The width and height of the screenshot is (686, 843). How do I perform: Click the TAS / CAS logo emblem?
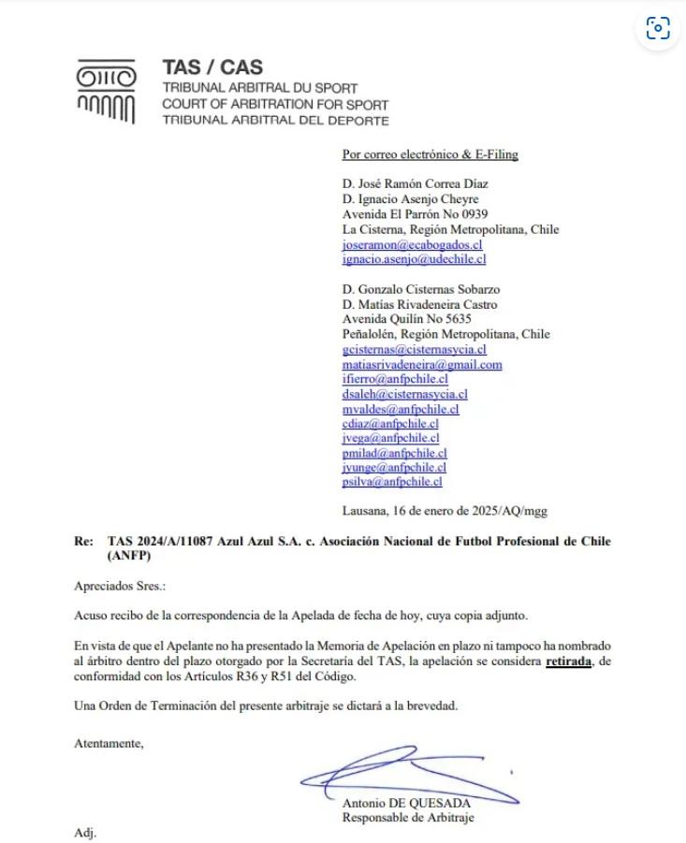106,92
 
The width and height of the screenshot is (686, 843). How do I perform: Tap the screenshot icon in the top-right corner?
658,28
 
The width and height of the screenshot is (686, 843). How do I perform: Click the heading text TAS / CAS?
212,67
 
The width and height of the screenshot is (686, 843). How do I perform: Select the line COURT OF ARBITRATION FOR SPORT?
275,105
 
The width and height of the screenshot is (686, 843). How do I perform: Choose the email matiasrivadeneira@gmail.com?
422,364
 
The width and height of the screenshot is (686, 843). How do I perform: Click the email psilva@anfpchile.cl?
392,482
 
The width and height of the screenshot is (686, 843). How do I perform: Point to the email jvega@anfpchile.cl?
391,437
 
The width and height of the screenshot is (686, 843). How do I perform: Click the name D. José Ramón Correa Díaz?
416,184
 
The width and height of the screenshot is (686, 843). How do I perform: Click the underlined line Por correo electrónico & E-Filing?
431,154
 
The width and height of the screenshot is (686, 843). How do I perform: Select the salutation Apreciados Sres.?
120,586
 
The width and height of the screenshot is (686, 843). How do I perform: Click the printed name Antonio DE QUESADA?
406,804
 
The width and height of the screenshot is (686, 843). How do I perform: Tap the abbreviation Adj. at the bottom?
85,832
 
